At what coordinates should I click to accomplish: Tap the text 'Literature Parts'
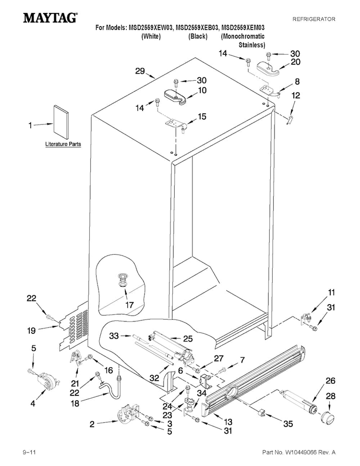[x=63, y=144]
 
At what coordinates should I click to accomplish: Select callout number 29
[x=140, y=71]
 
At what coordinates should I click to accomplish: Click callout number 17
[x=130, y=305]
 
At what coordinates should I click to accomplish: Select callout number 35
[x=288, y=424]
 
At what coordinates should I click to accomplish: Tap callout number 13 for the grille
[x=228, y=422]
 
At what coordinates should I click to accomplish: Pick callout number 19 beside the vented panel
[x=32, y=331]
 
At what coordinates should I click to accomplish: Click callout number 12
[x=296, y=96]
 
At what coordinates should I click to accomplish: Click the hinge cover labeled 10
[x=175, y=97]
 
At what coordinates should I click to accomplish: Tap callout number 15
[x=202, y=116]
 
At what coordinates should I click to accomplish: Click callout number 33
[x=114, y=336]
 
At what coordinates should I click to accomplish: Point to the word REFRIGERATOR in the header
[x=314, y=19]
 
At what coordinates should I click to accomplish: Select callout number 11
[x=331, y=293]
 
